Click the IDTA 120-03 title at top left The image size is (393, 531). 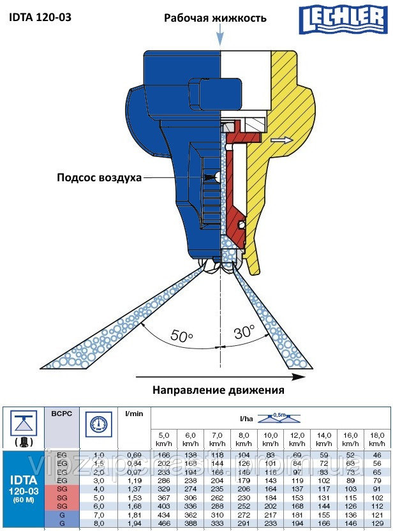click(40, 17)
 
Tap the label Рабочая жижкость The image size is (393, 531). click(215, 18)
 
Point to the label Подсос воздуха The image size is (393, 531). click(98, 177)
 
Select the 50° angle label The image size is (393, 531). click(182, 336)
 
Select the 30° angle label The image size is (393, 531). click(243, 332)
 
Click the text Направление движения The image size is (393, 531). click(218, 389)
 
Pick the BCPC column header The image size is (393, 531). click(62, 414)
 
